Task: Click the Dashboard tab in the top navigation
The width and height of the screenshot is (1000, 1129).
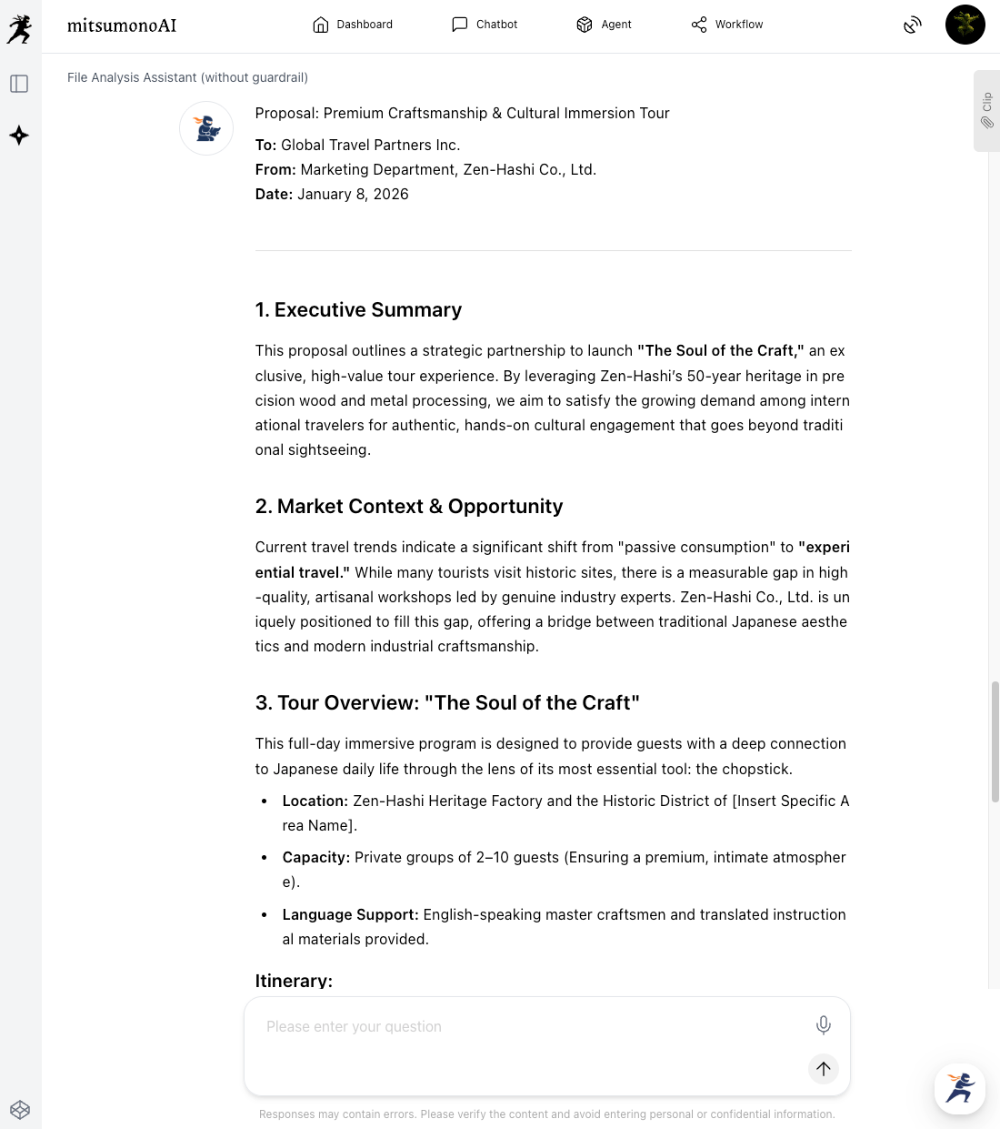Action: pos(353,25)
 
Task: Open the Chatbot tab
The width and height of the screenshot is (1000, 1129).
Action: pos(485,25)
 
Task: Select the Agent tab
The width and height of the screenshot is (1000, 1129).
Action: pos(604,25)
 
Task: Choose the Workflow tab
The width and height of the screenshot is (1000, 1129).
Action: pos(727,25)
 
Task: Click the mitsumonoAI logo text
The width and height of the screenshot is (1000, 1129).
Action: pos(122,25)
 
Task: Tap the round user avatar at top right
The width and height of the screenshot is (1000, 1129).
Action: pos(965,25)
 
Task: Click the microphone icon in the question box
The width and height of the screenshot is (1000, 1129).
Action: pos(823,1025)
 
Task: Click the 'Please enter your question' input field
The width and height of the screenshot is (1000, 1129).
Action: pos(527,1027)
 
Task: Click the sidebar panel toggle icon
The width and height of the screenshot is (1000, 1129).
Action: pos(19,84)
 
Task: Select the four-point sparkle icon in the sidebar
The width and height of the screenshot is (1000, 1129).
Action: pos(19,136)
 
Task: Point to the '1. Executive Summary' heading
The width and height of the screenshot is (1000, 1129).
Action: pos(358,310)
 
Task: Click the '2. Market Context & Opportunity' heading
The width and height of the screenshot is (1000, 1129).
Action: pos(409,507)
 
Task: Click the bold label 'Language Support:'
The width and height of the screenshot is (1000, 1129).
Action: pos(350,915)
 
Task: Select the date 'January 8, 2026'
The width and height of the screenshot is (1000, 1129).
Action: pos(353,195)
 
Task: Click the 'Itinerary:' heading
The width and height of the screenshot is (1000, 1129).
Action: pos(294,981)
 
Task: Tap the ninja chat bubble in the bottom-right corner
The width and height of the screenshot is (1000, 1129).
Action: pos(959,1088)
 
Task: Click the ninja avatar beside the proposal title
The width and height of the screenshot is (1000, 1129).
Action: pos(206,128)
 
